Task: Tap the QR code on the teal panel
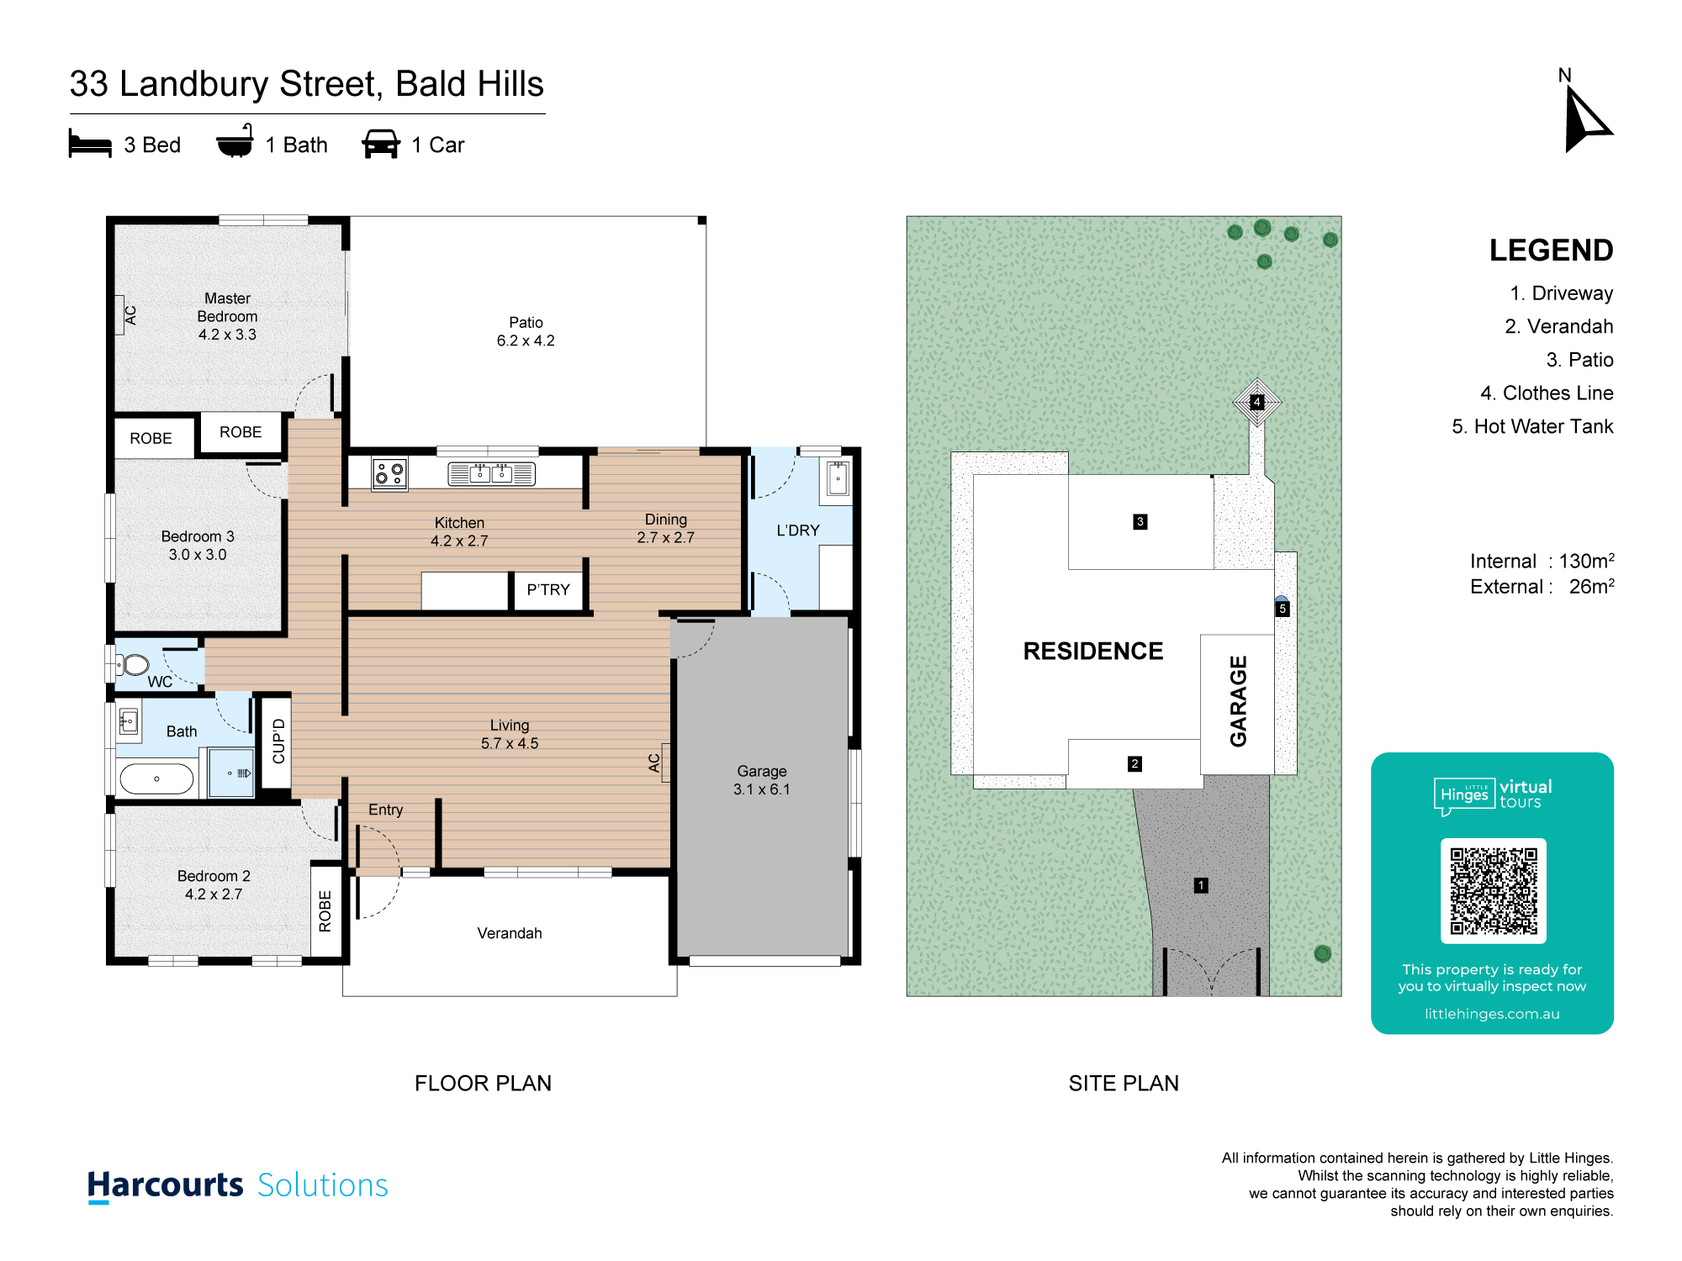[1494, 891]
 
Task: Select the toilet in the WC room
[134, 665]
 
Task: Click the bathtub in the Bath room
[157, 779]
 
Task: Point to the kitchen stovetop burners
[389, 473]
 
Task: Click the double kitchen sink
[491, 473]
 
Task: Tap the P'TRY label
[548, 589]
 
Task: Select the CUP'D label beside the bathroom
[278, 741]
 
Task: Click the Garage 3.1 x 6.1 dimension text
[762, 780]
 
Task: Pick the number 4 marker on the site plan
[1256, 402]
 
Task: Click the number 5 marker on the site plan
[1283, 609]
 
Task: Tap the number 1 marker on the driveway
[1201, 885]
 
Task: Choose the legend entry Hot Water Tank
[1532, 427]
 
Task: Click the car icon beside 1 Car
[381, 144]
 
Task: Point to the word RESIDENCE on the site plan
[1092, 651]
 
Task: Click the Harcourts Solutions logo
[238, 1185]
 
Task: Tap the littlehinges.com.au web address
[1492, 1014]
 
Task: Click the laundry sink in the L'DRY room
[838, 479]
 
